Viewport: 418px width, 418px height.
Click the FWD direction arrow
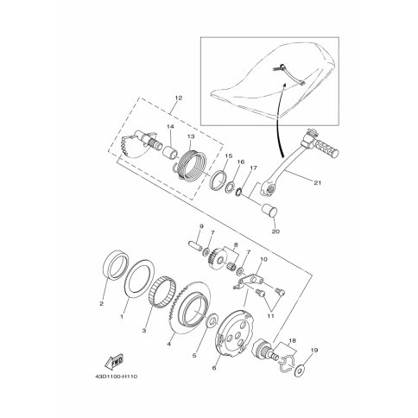pos(114,362)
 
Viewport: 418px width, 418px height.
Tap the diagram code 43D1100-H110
pos(116,377)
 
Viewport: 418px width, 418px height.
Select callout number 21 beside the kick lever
pos(317,182)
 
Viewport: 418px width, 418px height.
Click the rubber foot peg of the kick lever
pos(326,149)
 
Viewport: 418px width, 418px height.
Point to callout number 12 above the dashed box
pos(178,98)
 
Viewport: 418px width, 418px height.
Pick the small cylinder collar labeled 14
pos(171,152)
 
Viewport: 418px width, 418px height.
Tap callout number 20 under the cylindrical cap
pos(275,231)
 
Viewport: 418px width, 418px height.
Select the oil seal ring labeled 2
pos(115,265)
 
